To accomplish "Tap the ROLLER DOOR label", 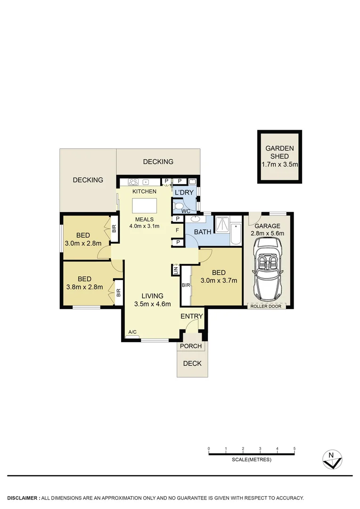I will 268,306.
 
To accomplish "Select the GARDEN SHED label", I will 279,152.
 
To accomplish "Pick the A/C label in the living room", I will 133,332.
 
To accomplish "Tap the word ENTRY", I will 192,316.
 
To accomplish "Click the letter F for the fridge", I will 177,230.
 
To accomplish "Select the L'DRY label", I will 184,193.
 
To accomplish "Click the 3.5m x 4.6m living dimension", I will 153,304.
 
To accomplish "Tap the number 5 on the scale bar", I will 295,448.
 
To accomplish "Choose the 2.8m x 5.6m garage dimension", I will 268,233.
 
